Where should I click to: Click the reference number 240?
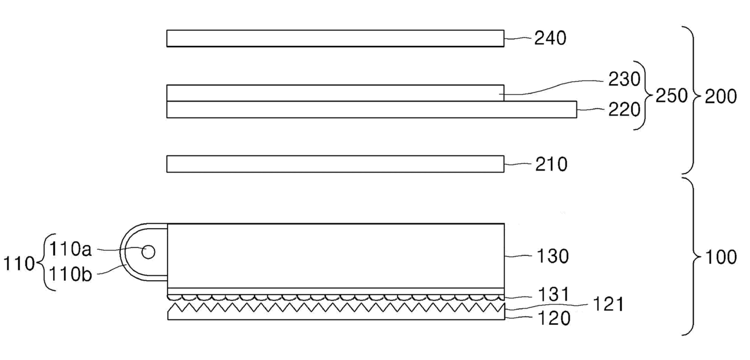(x=550, y=38)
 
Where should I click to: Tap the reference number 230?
(x=624, y=79)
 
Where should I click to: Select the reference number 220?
(x=624, y=110)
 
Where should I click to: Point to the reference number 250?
(x=671, y=96)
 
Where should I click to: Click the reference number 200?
(x=720, y=97)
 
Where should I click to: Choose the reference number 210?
(x=551, y=165)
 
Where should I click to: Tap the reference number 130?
(x=553, y=257)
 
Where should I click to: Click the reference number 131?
(x=553, y=295)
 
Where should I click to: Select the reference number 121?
(x=608, y=305)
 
